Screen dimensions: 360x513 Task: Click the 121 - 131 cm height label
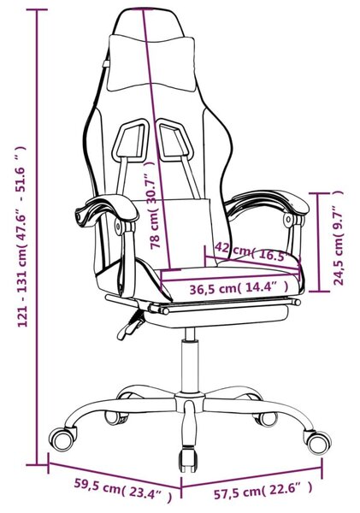pos(22,237)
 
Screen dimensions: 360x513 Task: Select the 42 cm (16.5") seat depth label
pos(253,251)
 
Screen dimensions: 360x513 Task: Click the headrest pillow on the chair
pos(151,62)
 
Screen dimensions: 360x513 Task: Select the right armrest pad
pos(267,203)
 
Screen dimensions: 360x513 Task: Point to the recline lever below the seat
pos(130,324)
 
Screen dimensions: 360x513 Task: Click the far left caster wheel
pos(62,439)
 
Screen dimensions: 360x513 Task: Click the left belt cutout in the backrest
pos(130,141)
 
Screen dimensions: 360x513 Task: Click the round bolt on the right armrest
pos(288,220)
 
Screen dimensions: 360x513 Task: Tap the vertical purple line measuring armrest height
pos(318,242)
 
